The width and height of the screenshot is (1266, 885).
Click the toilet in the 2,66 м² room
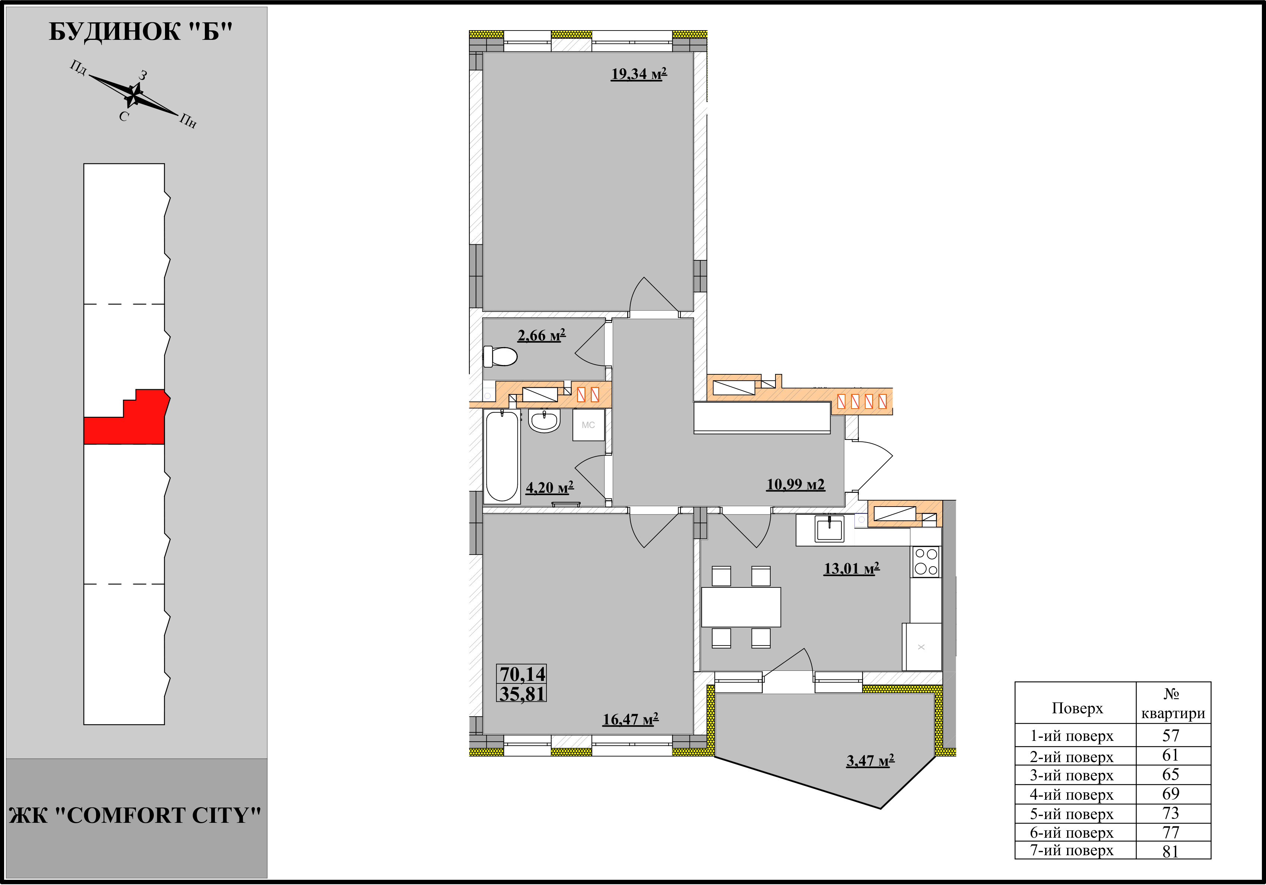(x=500, y=356)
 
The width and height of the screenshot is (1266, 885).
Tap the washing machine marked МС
(x=588, y=425)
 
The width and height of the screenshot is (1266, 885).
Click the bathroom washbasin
(x=544, y=421)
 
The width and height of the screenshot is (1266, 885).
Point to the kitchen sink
(x=829, y=529)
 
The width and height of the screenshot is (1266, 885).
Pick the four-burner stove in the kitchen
(x=926, y=562)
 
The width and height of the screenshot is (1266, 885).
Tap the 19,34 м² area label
(x=639, y=74)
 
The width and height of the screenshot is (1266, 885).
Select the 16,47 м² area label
(x=630, y=720)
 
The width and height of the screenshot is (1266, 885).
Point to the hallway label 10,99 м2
(x=796, y=485)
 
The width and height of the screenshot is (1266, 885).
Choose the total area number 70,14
(x=522, y=674)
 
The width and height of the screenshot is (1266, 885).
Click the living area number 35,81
(x=522, y=694)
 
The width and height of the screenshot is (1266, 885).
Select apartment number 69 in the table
(x=1171, y=794)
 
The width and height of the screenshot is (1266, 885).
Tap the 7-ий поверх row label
(x=1072, y=851)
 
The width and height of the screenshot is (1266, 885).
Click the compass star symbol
(x=133, y=95)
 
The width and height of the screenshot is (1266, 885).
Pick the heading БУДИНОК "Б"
(x=141, y=32)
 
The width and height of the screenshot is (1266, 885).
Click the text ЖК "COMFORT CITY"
(x=135, y=815)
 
